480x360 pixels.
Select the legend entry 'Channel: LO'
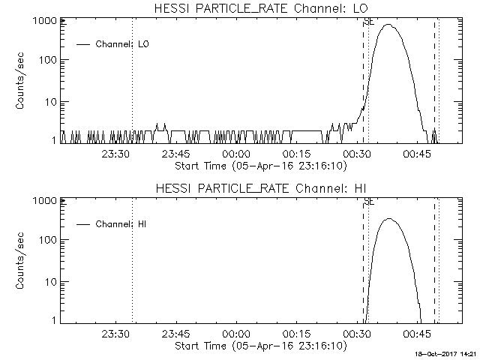point(123,44)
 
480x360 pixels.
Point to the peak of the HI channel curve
point(388,219)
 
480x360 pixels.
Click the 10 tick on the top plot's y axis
point(49,101)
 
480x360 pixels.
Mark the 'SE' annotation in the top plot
point(368,22)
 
